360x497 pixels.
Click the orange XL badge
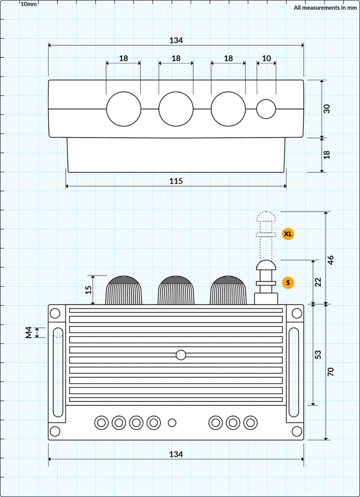(x=288, y=234)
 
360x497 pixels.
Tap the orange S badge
(x=288, y=283)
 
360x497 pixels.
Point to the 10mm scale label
(x=29, y=4)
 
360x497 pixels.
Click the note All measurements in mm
(x=325, y=7)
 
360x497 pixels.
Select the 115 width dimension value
(x=176, y=181)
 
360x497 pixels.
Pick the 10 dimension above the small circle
(x=266, y=58)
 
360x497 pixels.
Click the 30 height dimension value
(x=326, y=109)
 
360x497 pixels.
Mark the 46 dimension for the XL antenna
(x=330, y=260)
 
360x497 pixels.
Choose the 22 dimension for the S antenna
(x=318, y=282)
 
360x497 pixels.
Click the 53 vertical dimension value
(x=318, y=355)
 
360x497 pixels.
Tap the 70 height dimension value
(x=330, y=372)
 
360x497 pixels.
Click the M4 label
(x=29, y=333)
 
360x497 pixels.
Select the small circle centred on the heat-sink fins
(x=181, y=355)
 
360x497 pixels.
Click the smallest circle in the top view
(x=266, y=109)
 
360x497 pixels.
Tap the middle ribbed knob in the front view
(x=176, y=291)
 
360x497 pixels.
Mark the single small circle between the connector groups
(x=172, y=422)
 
